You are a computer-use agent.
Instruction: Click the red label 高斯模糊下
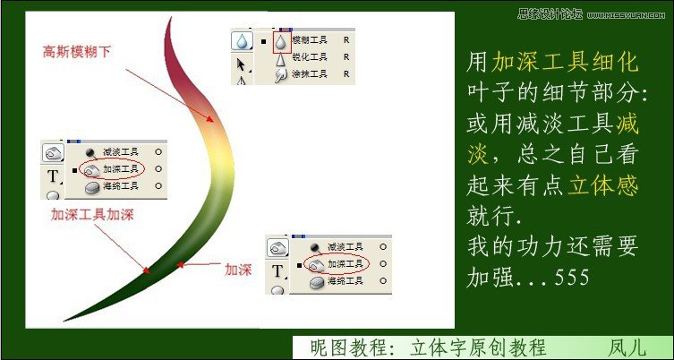coord(78,52)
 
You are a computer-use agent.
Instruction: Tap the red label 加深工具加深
coord(92,214)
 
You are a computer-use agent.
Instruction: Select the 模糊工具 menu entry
coord(310,41)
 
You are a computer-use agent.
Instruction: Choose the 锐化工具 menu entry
coord(310,58)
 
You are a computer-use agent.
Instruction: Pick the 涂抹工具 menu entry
coord(310,74)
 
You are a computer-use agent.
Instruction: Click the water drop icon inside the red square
coord(281,41)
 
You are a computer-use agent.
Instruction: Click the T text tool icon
coord(53,176)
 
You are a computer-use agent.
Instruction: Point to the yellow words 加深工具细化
coord(565,62)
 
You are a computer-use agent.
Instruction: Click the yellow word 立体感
coord(603,184)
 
